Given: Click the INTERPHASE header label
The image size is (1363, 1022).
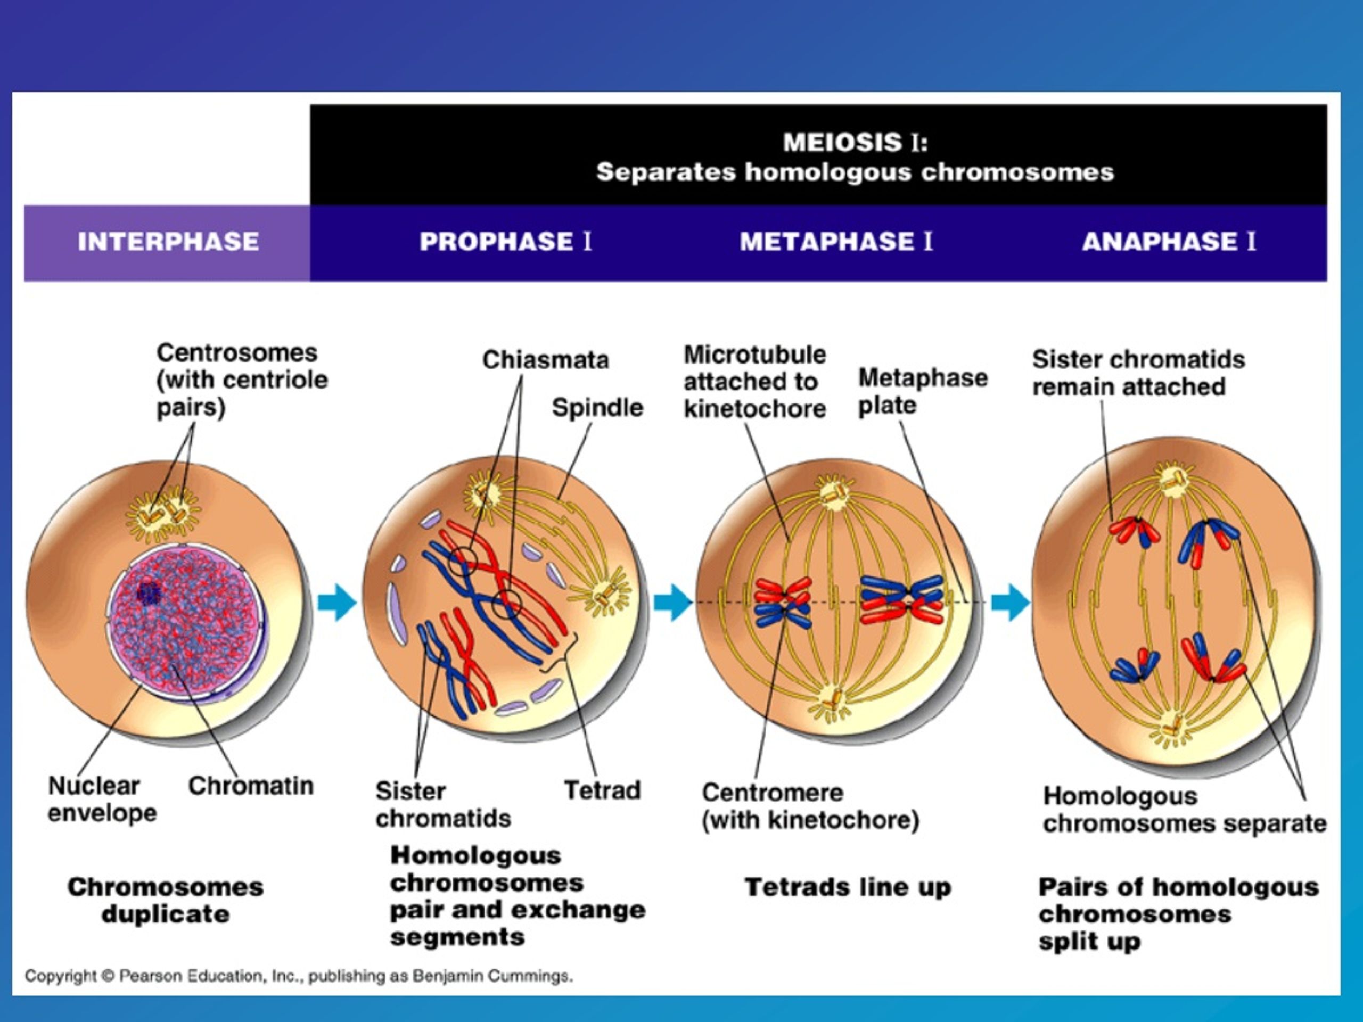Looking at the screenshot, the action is (168, 242).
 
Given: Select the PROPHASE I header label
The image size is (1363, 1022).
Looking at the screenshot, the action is (505, 242).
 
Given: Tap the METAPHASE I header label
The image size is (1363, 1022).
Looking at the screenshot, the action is (836, 242).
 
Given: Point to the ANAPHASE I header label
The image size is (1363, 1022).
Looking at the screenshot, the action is (1169, 242).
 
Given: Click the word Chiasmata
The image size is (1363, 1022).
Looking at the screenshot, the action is (545, 360).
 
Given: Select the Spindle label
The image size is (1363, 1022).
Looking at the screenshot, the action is (597, 408).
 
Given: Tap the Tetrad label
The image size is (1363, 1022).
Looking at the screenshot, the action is (602, 790).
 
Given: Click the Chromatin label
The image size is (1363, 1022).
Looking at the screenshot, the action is (251, 786).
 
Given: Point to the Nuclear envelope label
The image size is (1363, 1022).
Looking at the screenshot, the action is (102, 799).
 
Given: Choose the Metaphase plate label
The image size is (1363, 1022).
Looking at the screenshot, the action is (923, 391).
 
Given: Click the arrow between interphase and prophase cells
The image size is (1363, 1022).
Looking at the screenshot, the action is (337, 602).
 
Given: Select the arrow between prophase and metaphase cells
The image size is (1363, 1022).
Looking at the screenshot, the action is (673, 602).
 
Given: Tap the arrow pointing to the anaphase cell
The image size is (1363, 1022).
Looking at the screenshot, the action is (1011, 602).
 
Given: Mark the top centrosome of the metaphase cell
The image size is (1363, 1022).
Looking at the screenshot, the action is (834, 493).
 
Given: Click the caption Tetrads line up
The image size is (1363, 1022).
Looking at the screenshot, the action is (848, 888).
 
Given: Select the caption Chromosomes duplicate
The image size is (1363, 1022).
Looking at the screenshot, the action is (165, 901).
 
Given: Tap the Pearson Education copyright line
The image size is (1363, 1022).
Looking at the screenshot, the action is (299, 976).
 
